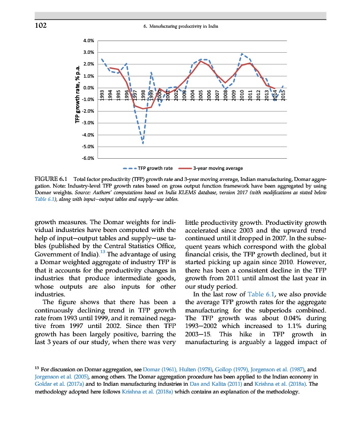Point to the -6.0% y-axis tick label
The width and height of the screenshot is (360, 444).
88,159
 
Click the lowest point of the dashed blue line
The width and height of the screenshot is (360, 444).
143,144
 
